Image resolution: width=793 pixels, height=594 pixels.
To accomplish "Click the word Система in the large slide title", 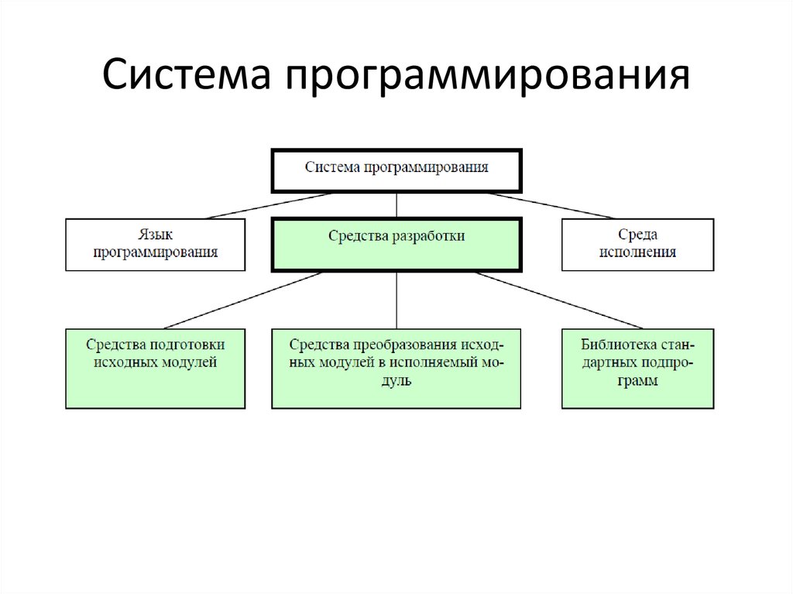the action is click(186, 74).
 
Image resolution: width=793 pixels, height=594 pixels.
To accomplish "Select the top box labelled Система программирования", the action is click(396, 171).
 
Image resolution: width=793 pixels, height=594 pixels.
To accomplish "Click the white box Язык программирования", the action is click(155, 245).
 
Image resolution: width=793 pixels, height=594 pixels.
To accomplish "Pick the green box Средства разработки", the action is click(396, 245).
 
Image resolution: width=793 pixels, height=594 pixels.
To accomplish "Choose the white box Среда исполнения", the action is click(638, 245).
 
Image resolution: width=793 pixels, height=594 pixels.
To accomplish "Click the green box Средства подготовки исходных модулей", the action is click(155, 369).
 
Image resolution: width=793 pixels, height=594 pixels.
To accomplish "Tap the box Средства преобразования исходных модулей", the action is click(396, 369).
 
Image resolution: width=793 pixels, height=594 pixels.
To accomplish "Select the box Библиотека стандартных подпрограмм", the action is click(638, 369).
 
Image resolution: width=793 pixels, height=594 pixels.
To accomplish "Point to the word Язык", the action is click(155, 235).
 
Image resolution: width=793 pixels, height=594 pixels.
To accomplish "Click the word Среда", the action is click(638, 235).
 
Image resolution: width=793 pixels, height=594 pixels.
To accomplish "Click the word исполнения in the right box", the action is click(638, 252).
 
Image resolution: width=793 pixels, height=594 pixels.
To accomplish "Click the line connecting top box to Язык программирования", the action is click(269, 206).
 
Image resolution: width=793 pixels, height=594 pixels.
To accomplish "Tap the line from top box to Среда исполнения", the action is click(551, 206).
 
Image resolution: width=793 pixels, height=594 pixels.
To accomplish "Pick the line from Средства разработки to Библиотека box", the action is click(559, 300).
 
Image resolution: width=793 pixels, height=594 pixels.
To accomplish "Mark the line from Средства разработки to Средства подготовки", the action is click(243, 300).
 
